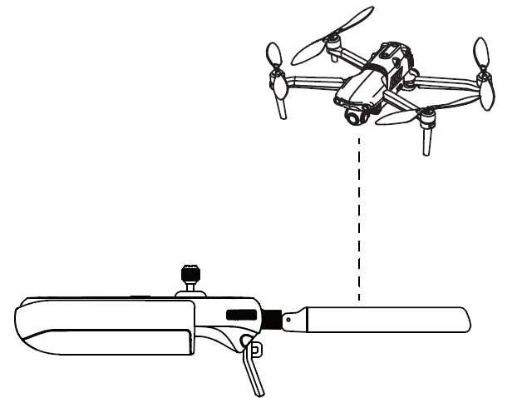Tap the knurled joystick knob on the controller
pos(190,273)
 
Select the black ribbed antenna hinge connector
pos(272,319)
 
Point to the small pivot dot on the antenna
pos(288,319)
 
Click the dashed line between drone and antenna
pos(358,216)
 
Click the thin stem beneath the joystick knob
pos(190,287)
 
